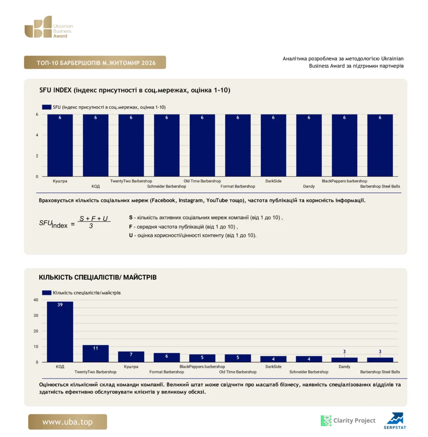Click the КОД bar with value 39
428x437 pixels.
click(60, 332)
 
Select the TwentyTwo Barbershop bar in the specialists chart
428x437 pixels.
click(95, 353)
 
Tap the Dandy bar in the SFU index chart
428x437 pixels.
click(309, 145)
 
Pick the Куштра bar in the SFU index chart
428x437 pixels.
click(60, 145)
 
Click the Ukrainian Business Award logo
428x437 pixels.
click(49, 27)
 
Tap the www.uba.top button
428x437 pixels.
click(67, 422)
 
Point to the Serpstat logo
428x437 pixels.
click(395, 420)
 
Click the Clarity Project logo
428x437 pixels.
click(348, 420)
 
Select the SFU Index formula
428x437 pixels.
click(75, 222)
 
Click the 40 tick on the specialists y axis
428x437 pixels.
click(36, 300)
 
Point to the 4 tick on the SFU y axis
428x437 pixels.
click(37, 135)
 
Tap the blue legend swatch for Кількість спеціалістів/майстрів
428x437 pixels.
click(46, 293)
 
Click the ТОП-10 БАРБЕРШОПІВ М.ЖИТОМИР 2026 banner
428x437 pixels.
click(95, 62)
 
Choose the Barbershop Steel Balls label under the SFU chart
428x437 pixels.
click(380, 186)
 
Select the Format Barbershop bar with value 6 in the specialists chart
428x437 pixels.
click(167, 357)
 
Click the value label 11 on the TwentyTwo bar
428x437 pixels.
click(95, 348)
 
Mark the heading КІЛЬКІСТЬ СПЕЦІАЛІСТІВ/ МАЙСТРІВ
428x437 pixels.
click(98, 277)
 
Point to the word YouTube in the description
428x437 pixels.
click(217, 201)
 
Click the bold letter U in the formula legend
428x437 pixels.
click(130, 235)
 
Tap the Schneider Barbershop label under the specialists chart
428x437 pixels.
click(309, 372)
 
